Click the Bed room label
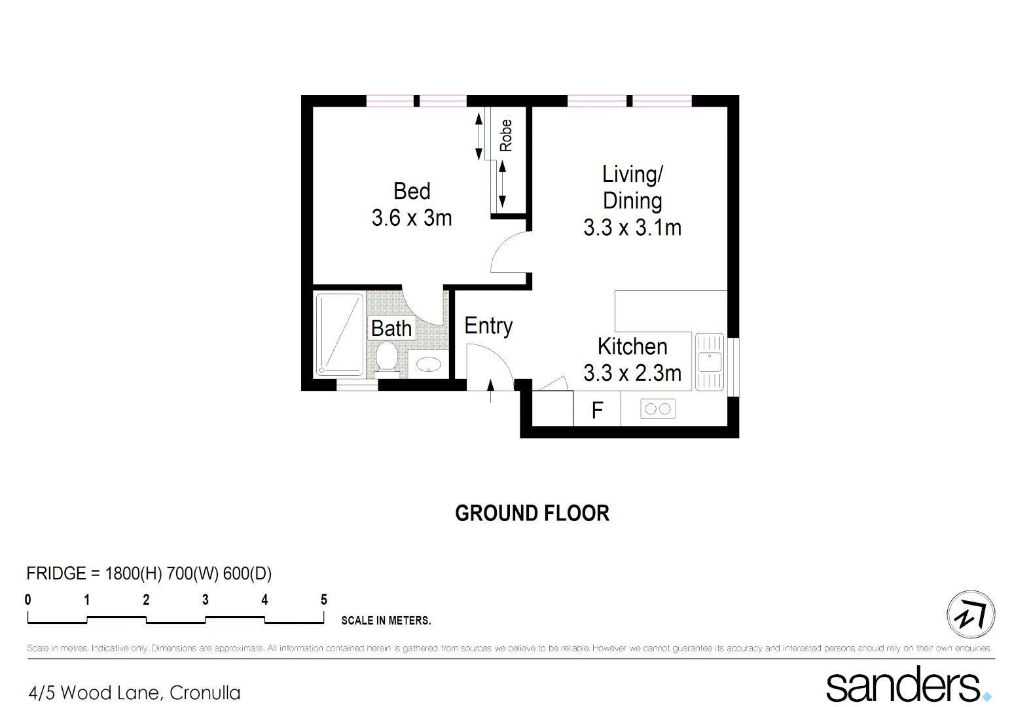click(x=412, y=191)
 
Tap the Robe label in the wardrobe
click(x=506, y=136)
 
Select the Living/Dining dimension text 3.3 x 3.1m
click(x=632, y=228)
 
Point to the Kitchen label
click(x=632, y=346)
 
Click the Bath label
click(x=391, y=328)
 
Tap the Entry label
click(x=488, y=325)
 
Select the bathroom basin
click(x=429, y=364)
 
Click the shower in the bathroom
click(x=339, y=335)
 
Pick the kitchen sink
click(x=709, y=362)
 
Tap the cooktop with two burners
click(x=657, y=409)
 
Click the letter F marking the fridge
click(x=597, y=410)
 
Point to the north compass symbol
click(x=971, y=614)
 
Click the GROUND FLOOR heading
click(x=532, y=513)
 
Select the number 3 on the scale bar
click(x=206, y=600)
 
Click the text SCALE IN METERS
click(x=386, y=621)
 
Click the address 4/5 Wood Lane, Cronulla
click(x=135, y=693)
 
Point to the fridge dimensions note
click(x=149, y=573)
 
